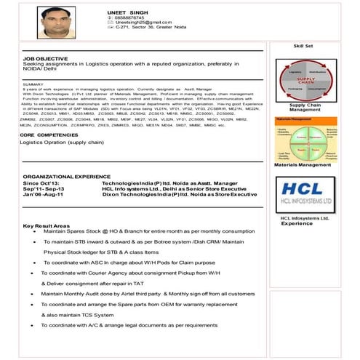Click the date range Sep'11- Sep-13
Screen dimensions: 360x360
coord(43,188)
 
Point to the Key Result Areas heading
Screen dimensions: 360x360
coord(47,225)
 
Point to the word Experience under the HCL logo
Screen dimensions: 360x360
coord(297,223)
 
